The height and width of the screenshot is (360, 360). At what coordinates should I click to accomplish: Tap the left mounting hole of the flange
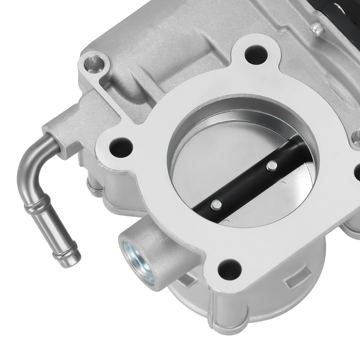click(x=119, y=146)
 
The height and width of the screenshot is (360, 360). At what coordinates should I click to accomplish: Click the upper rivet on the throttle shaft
click(x=273, y=166)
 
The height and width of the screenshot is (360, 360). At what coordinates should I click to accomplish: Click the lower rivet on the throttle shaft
click(x=216, y=205)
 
